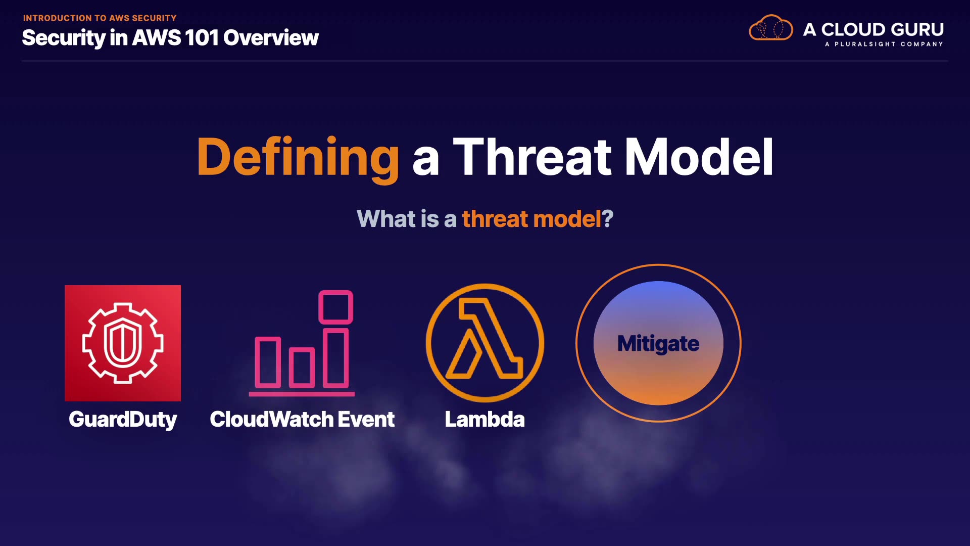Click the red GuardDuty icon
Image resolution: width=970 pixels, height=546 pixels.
pos(123,343)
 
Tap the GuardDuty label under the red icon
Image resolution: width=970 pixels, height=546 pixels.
pos(123,420)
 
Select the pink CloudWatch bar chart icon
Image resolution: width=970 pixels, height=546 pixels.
pos(302,343)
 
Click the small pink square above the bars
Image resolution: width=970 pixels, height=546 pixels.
pos(335,307)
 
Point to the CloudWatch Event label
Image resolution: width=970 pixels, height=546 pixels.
pos(302,419)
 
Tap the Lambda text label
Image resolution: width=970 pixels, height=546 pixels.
pos(484,419)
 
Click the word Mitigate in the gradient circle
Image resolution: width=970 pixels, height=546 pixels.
pos(658,344)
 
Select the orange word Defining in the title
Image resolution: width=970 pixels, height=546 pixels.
pos(298,158)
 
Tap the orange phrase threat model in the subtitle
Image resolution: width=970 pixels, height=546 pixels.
pos(531,219)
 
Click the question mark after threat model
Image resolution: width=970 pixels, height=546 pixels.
pos(608,219)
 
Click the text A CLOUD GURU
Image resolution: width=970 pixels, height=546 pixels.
pos(874,29)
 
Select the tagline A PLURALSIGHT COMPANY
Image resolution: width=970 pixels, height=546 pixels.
pos(884,44)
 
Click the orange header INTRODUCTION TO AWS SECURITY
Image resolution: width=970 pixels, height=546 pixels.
pos(100,18)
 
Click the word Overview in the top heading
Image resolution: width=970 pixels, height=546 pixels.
pos(271,38)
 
